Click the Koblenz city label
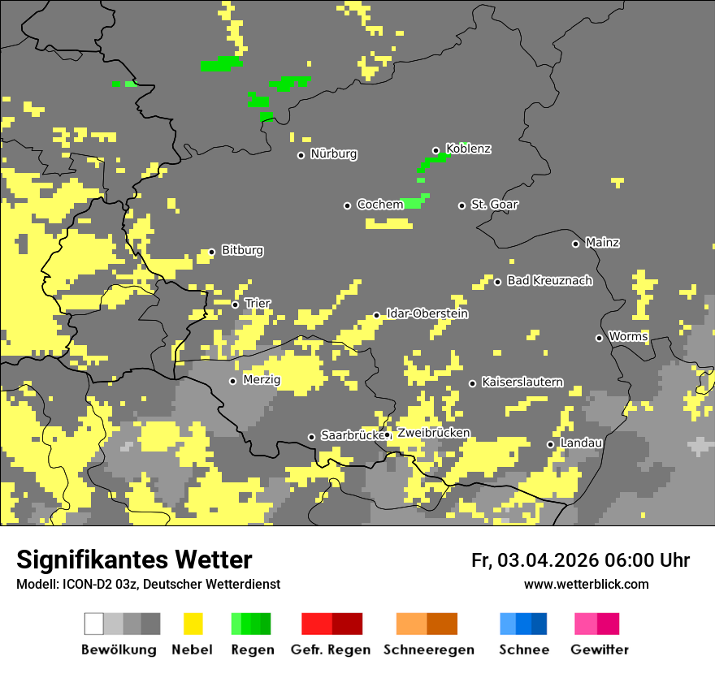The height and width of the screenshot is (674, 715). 469,149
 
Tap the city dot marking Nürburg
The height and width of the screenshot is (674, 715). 301,155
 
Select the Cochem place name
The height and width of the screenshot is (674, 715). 380,205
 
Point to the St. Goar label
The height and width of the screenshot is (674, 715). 495,205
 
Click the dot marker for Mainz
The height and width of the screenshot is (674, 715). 575,244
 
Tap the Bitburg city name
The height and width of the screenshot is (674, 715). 242,251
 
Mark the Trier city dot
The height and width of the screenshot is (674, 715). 236,305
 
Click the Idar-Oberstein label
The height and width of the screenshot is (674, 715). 427,313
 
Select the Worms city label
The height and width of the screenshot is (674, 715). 628,336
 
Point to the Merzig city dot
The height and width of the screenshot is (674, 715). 232,381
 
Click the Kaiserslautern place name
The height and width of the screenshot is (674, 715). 522,382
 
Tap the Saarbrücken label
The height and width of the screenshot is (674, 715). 352,436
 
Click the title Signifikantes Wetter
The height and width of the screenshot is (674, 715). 134,560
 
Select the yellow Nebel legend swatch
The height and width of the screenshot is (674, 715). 193,624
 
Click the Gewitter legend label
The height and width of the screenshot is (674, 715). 600,650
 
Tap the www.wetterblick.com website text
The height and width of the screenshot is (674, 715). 587,585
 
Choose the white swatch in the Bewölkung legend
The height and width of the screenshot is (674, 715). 94,624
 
